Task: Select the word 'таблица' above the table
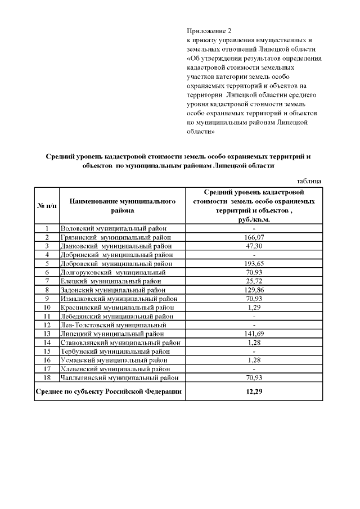pyautogui.click(x=309, y=181)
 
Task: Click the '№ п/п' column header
pyautogui.click(x=47, y=206)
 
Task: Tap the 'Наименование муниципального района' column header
pyautogui.click(x=123, y=206)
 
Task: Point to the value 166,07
pyautogui.click(x=254, y=237)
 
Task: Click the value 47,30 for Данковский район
pyautogui.click(x=254, y=246)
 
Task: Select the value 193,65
pyautogui.click(x=254, y=263)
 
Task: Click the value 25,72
pyautogui.click(x=254, y=281)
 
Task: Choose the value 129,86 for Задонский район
pyautogui.click(x=254, y=290)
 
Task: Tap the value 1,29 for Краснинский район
pyautogui.click(x=254, y=307)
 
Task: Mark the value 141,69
pyautogui.click(x=254, y=334)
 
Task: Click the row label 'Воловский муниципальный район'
pyautogui.click(x=114, y=228)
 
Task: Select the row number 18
pyautogui.click(x=47, y=377)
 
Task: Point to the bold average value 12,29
pyautogui.click(x=254, y=391)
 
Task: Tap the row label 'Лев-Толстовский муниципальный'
pyautogui.click(x=112, y=325)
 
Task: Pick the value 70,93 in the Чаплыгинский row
pyautogui.click(x=254, y=377)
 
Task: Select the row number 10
pyautogui.click(x=47, y=307)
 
